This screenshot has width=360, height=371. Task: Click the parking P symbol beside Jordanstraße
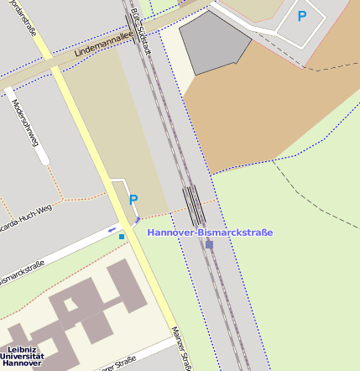coord(133,199)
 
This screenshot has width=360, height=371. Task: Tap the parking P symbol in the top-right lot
coord(302,15)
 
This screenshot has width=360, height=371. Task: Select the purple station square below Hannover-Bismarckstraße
coord(210,244)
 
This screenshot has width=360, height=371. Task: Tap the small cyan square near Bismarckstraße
coord(122,237)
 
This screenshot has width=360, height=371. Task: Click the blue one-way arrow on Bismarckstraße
coord(112,229)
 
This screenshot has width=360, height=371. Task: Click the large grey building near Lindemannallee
coord(211,42)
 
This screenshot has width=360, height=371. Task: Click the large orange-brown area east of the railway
coord(269,109)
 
